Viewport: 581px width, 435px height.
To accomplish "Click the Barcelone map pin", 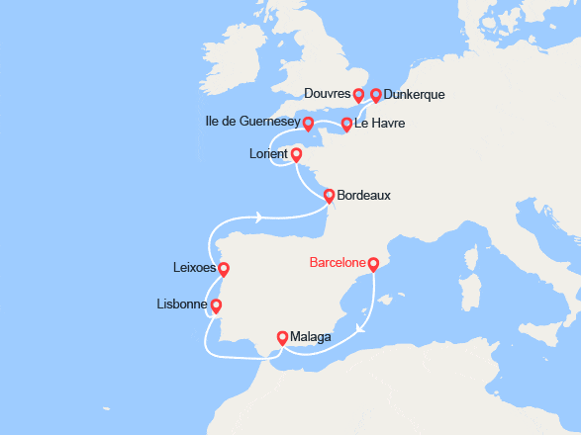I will pyautogui.click(x=373, y=264).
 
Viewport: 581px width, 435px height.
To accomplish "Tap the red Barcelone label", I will pyautogui.click(x=337, y=263).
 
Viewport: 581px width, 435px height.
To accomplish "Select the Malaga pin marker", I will pyautogui.click(x=282, y=337).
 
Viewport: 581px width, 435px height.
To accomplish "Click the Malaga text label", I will pyautogui.click(x=311, y=337).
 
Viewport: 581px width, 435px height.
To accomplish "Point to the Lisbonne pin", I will pyautogui.click(x=216, y=305).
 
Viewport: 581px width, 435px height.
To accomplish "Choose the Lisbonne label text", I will pyautogui.click(x=182, y=304).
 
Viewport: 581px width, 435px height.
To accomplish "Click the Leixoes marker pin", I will pyautogui.click(x=224, y=269).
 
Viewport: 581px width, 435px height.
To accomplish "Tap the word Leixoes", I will pyautogui.click(x=194, y=267).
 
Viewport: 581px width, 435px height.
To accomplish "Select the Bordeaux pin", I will pyautogui.click(x=329, y=196).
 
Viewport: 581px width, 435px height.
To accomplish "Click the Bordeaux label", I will pyautogui.click(x=363, y=196).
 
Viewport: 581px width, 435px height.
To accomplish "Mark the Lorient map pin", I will pyautogui.click(x=296, y=154).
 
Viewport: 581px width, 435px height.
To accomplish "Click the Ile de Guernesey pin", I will pyautogui.click(x=308, y=124).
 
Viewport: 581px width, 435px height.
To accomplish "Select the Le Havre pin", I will pyautogui.click(x=346, y=125).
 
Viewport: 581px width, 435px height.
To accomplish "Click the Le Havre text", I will pyautogui.click(x=380, y=124).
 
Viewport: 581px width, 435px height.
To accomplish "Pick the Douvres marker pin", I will pyautogui.click(x=358, y=95).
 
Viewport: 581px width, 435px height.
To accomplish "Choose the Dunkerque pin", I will pyautogui.click(x=375, y=95).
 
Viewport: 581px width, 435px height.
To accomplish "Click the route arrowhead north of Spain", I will pyautogui.click(x=258, y=217).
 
